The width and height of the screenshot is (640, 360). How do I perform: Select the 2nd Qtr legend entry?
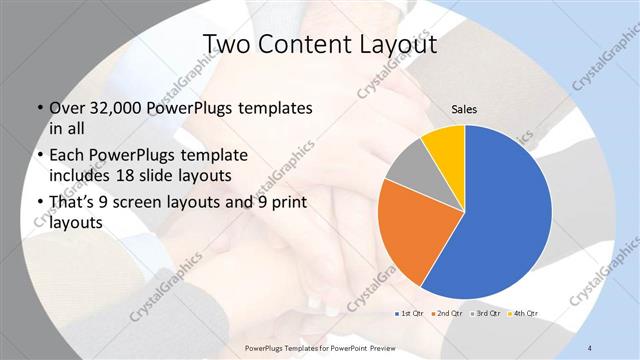click(447, 313)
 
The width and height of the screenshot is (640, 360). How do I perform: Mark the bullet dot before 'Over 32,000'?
click(38, 109)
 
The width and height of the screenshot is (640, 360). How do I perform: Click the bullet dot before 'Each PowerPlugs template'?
click(38, 156)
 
